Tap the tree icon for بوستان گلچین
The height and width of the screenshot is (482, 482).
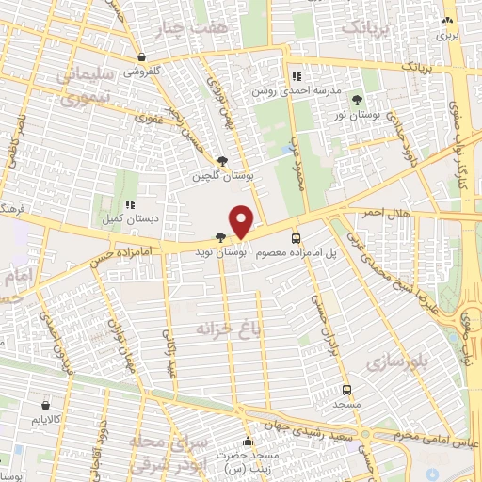[222, 161]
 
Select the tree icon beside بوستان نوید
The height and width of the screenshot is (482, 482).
[220, 238]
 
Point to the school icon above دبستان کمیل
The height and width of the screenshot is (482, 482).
[130, 203]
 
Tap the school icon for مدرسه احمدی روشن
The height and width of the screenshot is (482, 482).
[297, 76]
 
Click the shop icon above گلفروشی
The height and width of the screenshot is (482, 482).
[141, 56]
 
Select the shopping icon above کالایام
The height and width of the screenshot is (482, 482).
[44, 404]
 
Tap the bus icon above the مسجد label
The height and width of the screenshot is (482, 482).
[346, 389]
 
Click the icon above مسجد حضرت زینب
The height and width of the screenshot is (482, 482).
[249, 442]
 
